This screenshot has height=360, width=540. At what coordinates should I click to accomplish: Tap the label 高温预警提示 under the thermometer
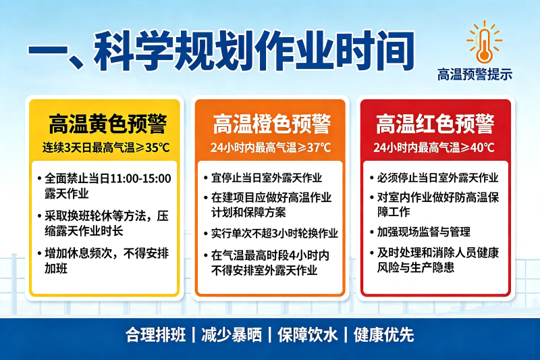[x=475, y=74]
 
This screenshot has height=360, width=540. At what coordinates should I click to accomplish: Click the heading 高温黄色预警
[x=108, y=124]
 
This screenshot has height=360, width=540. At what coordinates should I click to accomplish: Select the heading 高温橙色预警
[x=272, y=124]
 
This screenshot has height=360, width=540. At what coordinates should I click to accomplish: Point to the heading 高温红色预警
[x=435, y=124]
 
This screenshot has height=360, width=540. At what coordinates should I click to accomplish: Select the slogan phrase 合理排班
[x=156, y=334]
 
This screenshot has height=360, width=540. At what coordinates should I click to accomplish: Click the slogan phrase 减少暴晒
[x=232, y=334]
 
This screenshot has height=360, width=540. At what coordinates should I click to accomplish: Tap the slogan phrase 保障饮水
[x=307, y=334]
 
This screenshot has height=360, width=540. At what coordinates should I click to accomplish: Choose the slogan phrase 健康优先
[x=383, y=334]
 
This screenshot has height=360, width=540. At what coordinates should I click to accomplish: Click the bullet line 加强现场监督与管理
[x=424, y=232]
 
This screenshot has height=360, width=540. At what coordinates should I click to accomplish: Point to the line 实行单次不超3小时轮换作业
[x=275, y=233]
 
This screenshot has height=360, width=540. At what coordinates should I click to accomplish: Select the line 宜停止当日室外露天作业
[x=267, y=178]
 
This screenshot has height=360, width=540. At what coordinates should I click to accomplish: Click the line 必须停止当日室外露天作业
[x=437, y=178]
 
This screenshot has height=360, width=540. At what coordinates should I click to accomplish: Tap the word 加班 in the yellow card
[x=56, y=268]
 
